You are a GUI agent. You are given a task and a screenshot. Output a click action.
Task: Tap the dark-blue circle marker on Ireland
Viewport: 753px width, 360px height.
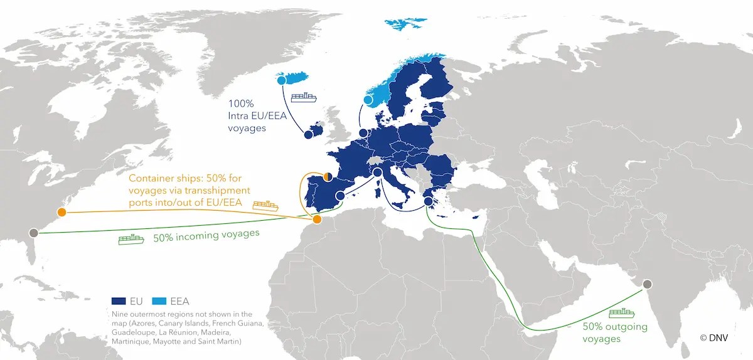308,134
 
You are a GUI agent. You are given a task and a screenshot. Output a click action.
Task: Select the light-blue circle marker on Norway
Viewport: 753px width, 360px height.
368,100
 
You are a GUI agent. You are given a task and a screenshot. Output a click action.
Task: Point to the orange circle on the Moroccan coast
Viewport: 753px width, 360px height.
317,220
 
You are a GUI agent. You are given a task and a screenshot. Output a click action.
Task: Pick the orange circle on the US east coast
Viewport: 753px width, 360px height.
61,212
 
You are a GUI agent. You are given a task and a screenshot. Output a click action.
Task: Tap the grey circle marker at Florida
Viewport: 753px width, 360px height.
34,233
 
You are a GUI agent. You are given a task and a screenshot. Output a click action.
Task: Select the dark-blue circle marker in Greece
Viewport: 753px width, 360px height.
429,201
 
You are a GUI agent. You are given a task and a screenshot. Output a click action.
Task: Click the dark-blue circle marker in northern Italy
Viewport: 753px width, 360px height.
377,172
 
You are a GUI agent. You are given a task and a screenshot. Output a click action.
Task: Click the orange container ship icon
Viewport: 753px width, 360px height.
265,205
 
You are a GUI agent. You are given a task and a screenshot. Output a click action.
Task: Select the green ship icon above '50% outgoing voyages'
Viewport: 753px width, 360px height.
621,313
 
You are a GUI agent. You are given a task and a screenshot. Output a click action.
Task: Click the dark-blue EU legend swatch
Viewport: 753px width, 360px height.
119,301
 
